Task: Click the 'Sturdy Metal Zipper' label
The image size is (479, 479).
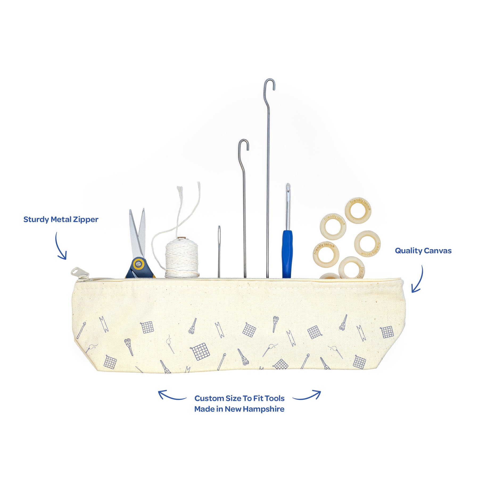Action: pos(61,220)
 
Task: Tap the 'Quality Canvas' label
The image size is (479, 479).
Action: pos(423,251)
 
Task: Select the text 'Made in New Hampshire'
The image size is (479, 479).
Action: pos(239,409)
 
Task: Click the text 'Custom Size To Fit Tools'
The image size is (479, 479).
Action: pos(239,398)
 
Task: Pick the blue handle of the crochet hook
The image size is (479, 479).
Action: pos(287,253)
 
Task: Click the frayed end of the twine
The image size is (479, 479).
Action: pos(180,190)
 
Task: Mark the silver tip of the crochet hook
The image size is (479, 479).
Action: pos(288,188)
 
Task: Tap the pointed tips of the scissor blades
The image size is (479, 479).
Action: pos(137,212)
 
